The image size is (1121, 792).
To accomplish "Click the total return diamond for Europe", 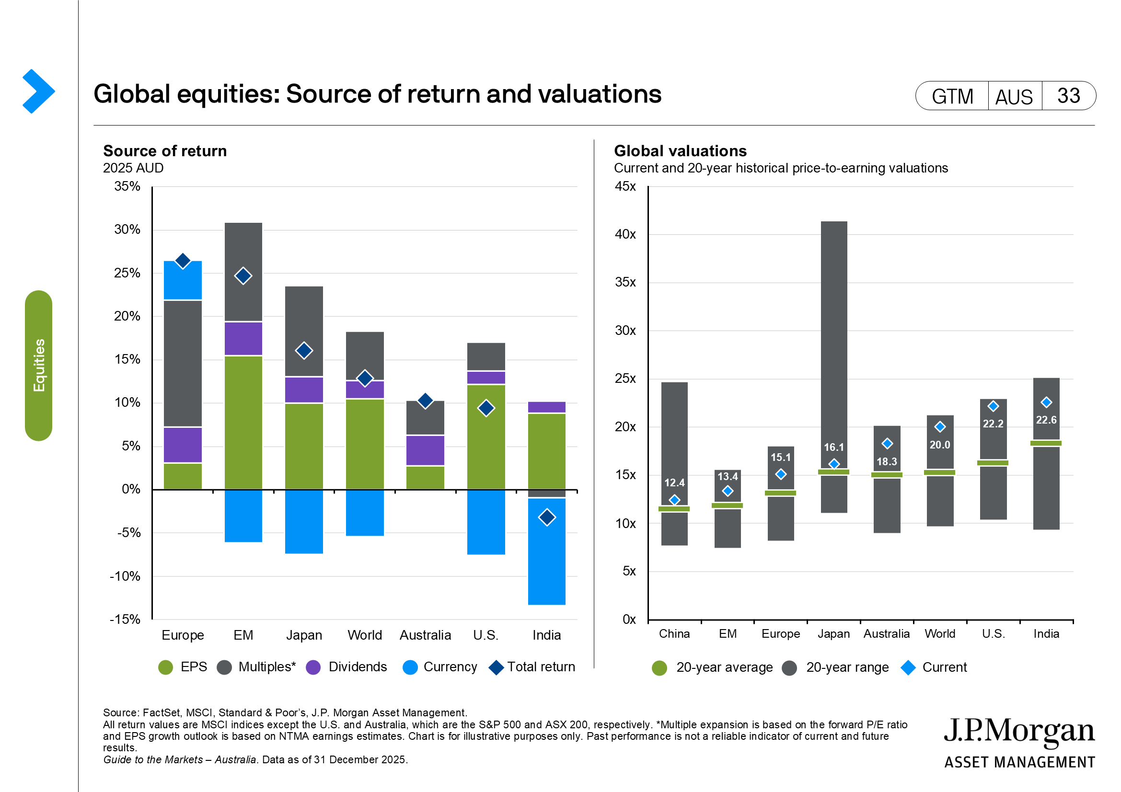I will [183, 261].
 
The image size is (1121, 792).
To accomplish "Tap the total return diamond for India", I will [546, 517].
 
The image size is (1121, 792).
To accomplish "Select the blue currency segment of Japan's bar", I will [304, 521].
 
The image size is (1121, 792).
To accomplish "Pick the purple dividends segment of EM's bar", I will [243, 339].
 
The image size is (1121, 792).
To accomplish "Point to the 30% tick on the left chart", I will [127, 230].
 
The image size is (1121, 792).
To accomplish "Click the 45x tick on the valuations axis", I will [625, 186].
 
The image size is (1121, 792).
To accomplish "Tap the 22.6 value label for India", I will [1046, 420].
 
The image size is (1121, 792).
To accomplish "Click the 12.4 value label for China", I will [674, 483].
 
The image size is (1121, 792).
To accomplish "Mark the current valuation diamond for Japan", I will [834, 464].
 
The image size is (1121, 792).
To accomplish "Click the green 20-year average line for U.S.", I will [993, 463].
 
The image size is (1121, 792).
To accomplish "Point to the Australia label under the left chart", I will [425, 635].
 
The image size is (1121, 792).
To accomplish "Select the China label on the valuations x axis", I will [674, 634].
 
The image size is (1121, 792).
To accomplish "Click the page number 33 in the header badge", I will [1068, 96].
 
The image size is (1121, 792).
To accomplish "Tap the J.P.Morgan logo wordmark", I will [1019, 731].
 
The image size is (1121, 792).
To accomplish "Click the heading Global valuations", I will [680, 151].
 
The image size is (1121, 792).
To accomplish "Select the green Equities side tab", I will [38, 366].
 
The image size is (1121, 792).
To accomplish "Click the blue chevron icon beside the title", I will [38, 91].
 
